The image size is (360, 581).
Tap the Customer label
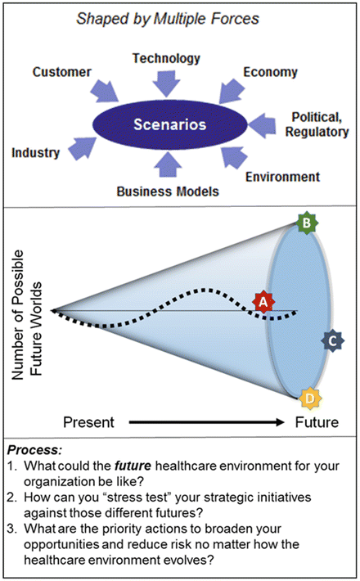click(x=61, y=73)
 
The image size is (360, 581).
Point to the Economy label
click(x=270, y=72)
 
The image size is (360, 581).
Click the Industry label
click(x=36, y=152)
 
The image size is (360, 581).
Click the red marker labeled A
click(x=263, y=301)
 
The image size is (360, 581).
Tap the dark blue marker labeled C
click(x=332, y=340)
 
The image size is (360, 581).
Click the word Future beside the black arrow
click(x=317, y=423)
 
